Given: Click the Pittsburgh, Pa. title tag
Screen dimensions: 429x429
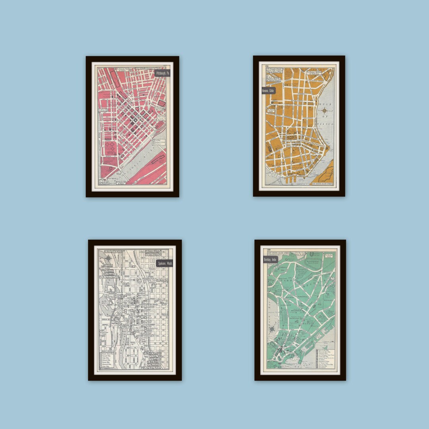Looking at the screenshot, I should pyautogui.click(x=162, y=73).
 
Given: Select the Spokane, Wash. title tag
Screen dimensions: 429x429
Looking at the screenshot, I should pyautogui.click(x=164, y=263).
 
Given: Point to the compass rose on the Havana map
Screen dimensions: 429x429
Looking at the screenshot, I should pyautogui.click(x=325, y=111).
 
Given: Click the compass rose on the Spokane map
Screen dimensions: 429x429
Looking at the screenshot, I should pyautogui.click(x=108, y=259).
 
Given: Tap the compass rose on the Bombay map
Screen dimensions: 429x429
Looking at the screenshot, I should pyautogui.click(x=271, y=329).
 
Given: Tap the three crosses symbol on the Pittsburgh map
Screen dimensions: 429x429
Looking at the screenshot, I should pyautogui.click(x=110, y=147).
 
